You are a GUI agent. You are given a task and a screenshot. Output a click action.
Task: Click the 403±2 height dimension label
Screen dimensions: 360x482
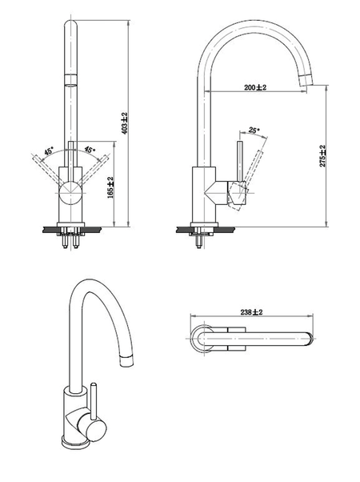pos(124,123)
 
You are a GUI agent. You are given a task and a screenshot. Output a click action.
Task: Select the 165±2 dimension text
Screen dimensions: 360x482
pos(111,187)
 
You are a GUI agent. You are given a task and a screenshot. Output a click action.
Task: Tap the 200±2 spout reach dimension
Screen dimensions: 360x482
pos(255,87)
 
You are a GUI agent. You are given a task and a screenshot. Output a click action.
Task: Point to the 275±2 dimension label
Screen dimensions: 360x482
pos(322,156)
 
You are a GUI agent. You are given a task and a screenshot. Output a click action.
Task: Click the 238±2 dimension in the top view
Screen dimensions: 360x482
pos(251,312)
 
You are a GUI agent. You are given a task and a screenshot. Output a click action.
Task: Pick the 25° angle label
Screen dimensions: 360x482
pos(254,131)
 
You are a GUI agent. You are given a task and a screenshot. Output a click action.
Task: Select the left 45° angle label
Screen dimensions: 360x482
pos(49,151)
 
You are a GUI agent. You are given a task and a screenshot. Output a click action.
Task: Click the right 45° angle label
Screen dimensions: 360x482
pos(90,150)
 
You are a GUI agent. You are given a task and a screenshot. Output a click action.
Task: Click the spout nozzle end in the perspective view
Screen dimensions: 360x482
pos(126,360)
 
